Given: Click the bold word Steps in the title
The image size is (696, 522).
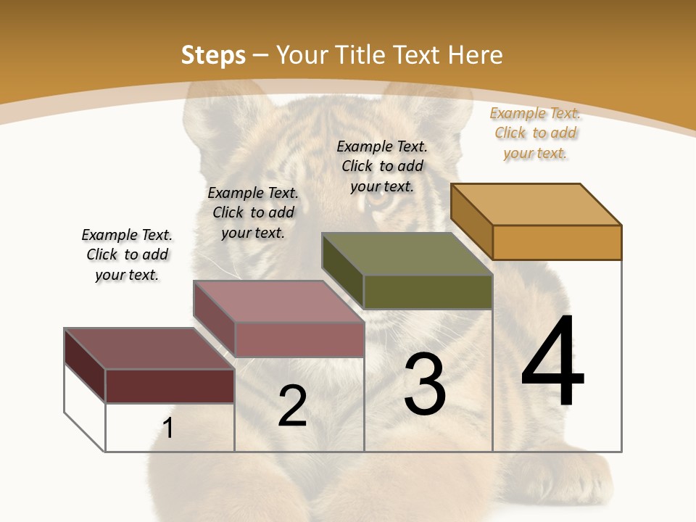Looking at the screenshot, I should coord(212,55).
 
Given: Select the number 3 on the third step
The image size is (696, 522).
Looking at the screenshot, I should coord(425,385).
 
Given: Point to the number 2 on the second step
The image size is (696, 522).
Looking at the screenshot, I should coord(292,406).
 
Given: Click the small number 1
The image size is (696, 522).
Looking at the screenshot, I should coord(167,428).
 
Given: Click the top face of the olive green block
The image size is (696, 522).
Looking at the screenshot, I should coord(407,254).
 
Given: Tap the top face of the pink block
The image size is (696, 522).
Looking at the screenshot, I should coord(278,302).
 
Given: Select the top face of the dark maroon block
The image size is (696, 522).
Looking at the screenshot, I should coord(149,349).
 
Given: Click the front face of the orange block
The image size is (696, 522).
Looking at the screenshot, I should coord(557,242).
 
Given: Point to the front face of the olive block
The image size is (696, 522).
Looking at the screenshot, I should coord(428,291).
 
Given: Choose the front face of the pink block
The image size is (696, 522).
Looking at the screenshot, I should coord(299,339).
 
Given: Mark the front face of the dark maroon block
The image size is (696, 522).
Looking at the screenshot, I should coord(170,386).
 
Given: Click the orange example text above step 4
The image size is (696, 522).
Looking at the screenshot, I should coord(535,133).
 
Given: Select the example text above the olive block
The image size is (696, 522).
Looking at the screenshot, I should coord(382,166).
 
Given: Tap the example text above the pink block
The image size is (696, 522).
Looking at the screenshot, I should coord(253,212).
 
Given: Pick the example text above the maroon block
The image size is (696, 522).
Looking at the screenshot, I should coord(127,254).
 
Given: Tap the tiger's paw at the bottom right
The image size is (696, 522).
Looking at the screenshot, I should coord(580,478).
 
